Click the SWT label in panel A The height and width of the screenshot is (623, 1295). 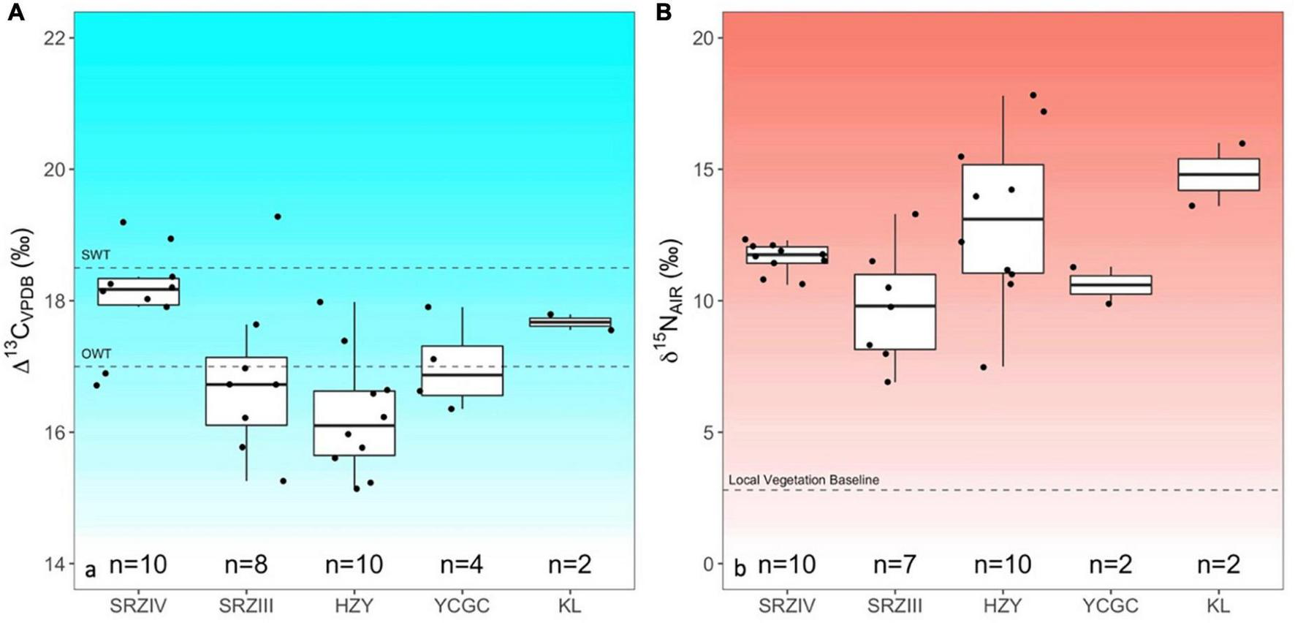click(96, 255)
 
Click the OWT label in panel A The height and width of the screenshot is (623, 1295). click(96, 354)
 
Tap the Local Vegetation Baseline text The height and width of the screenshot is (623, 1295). click(803, 480)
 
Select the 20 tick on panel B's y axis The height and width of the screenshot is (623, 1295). click(702, 38)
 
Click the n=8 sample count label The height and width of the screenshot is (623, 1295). click(246, 565)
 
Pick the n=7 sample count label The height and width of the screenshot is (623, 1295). click(895, 565)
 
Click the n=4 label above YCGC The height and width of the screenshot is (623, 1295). click(462, 565)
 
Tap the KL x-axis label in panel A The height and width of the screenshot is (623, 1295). click(569, 606)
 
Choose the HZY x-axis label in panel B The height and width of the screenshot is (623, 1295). click(1002, 606)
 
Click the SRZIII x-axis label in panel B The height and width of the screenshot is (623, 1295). click(895, 606)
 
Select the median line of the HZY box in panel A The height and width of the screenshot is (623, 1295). click(354, 425)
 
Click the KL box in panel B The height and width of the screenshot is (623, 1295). click(1218, 174)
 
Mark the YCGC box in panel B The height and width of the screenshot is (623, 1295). click(1110, 284)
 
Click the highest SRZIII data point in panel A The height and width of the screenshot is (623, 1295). click(278, 216)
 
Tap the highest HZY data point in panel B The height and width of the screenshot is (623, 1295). click(1033, 95)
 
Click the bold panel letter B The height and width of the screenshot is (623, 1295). click(664, 12)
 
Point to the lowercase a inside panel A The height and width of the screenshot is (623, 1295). click(91, 570)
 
